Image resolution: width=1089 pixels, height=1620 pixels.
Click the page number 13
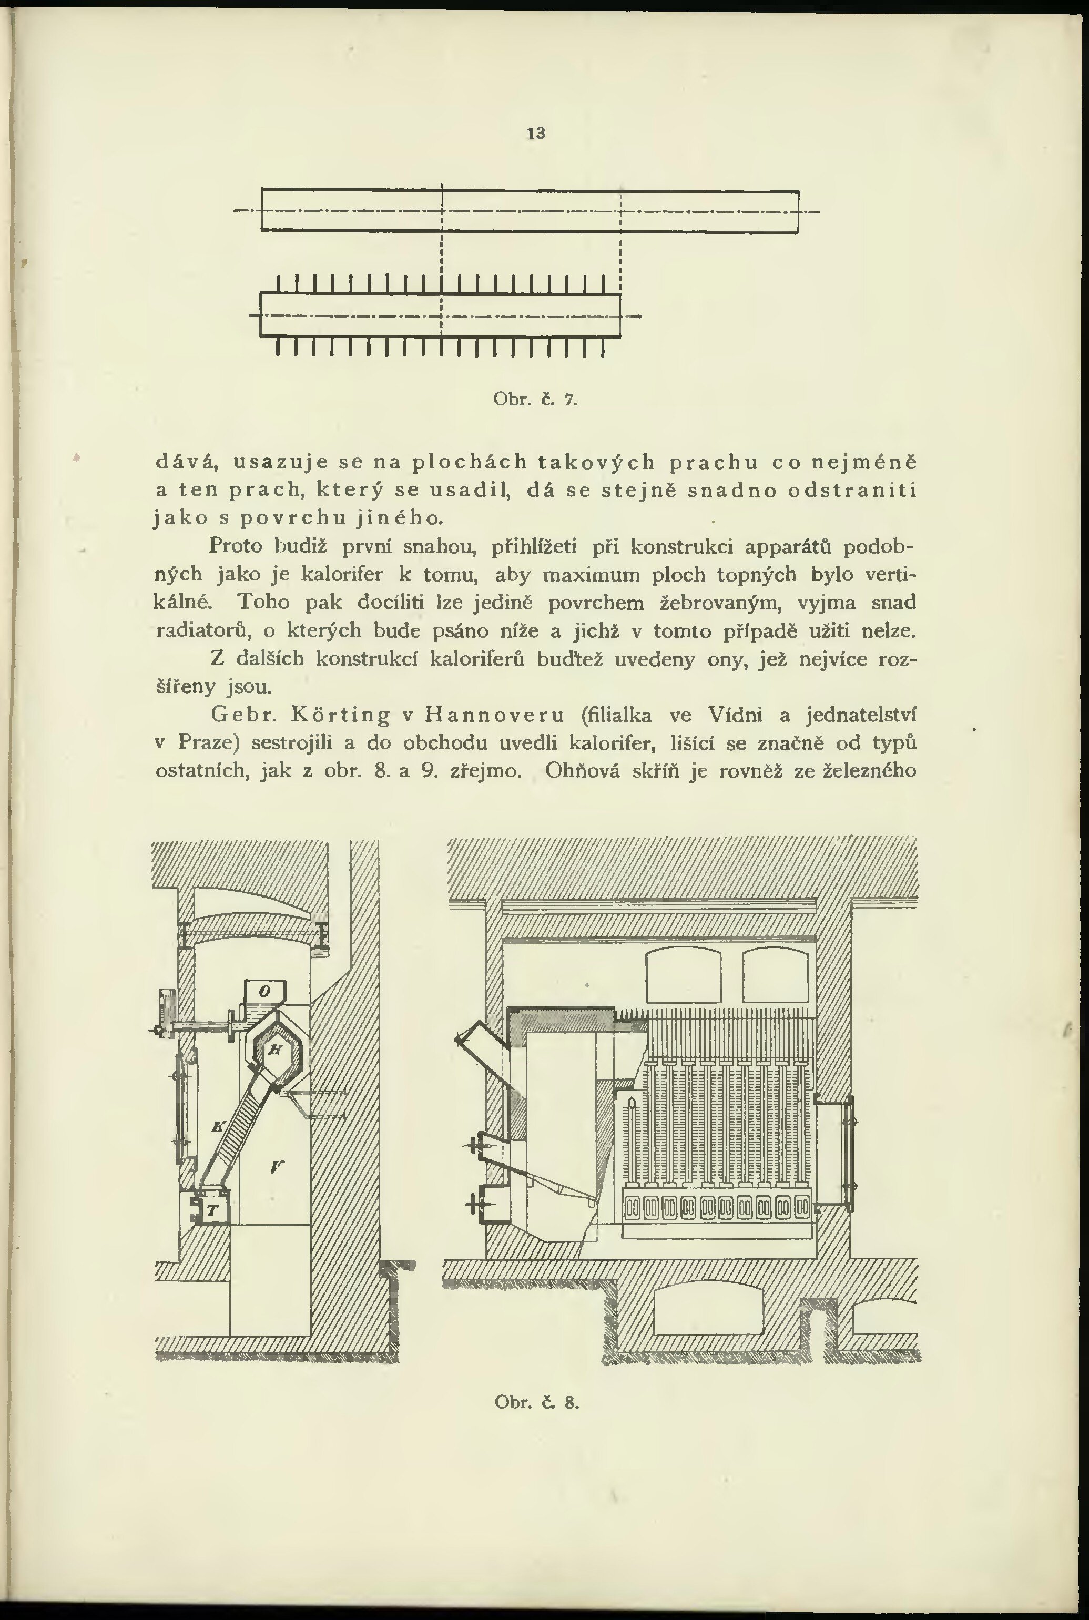[535, 134]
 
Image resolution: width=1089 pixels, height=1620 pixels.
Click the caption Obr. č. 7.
[535, 400]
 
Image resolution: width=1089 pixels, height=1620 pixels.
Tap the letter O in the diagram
[264, 992]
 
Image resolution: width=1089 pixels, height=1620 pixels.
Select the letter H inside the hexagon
[274, 1051]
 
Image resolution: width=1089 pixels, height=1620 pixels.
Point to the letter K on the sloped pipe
[218, 1127]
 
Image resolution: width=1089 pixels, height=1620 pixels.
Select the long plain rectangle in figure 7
[530, 210]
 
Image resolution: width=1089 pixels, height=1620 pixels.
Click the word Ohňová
[579, 771]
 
